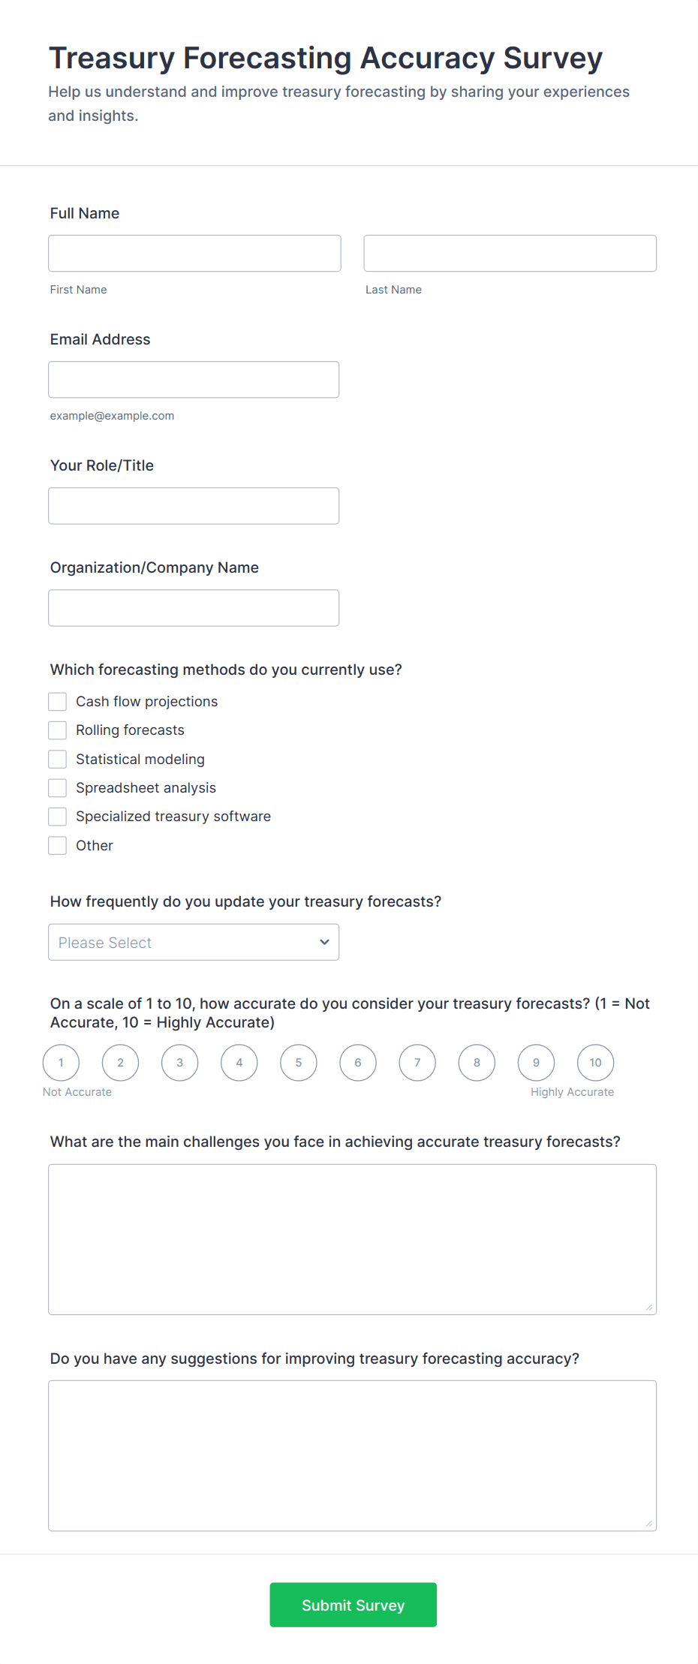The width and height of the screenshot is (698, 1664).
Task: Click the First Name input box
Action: [x=194, y=254]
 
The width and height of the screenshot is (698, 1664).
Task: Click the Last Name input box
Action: [x=510, y=254]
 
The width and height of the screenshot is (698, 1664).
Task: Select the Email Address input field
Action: [x=194, y=380]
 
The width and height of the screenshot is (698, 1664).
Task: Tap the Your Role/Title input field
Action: [x=194, y=506]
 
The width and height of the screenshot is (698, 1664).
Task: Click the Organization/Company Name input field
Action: [x=194, y=608]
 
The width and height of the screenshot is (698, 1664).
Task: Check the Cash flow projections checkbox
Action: [x=58, y=702]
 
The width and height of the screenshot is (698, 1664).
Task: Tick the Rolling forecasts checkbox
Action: [x=58, y=730]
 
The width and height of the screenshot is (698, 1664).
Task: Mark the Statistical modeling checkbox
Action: [x=58, y=760]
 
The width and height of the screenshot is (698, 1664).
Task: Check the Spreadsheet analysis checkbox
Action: [x=58, y=788]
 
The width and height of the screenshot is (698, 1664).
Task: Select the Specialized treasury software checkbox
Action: [x=58, y=817]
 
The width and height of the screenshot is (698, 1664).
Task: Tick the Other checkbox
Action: [x=58, y=846]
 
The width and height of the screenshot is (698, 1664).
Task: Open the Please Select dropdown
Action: [x=194, y=943]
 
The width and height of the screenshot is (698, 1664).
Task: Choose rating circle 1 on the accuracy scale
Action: [x=62, y=1063]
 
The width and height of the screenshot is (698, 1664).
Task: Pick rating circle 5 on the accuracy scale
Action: [x=299, y=1063]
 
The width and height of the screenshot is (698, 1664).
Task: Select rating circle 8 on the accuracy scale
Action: [x=477, y=1063]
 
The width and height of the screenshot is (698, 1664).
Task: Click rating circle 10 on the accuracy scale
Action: [x=595, y=1063]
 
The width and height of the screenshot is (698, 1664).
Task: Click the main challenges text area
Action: [x=352, y=1239]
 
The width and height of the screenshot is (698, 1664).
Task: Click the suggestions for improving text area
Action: [x=352, y=1455]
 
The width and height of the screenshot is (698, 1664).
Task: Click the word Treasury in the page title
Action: [x=112, y=59]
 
